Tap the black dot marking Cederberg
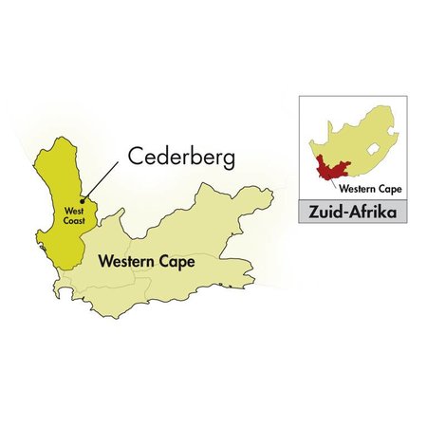(83, 199)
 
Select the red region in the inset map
(327, 169)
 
